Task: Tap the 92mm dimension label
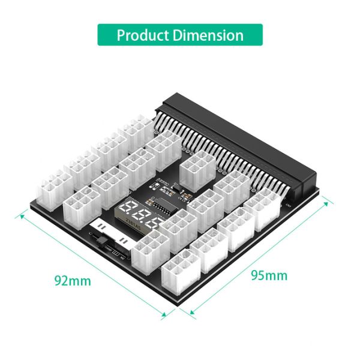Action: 73,280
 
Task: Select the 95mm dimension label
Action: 269,275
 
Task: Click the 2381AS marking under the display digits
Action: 133,227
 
